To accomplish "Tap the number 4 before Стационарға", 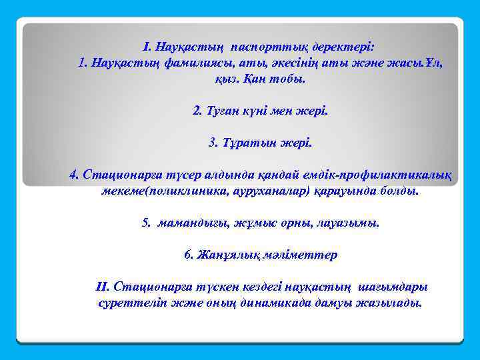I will click(74, 175).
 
